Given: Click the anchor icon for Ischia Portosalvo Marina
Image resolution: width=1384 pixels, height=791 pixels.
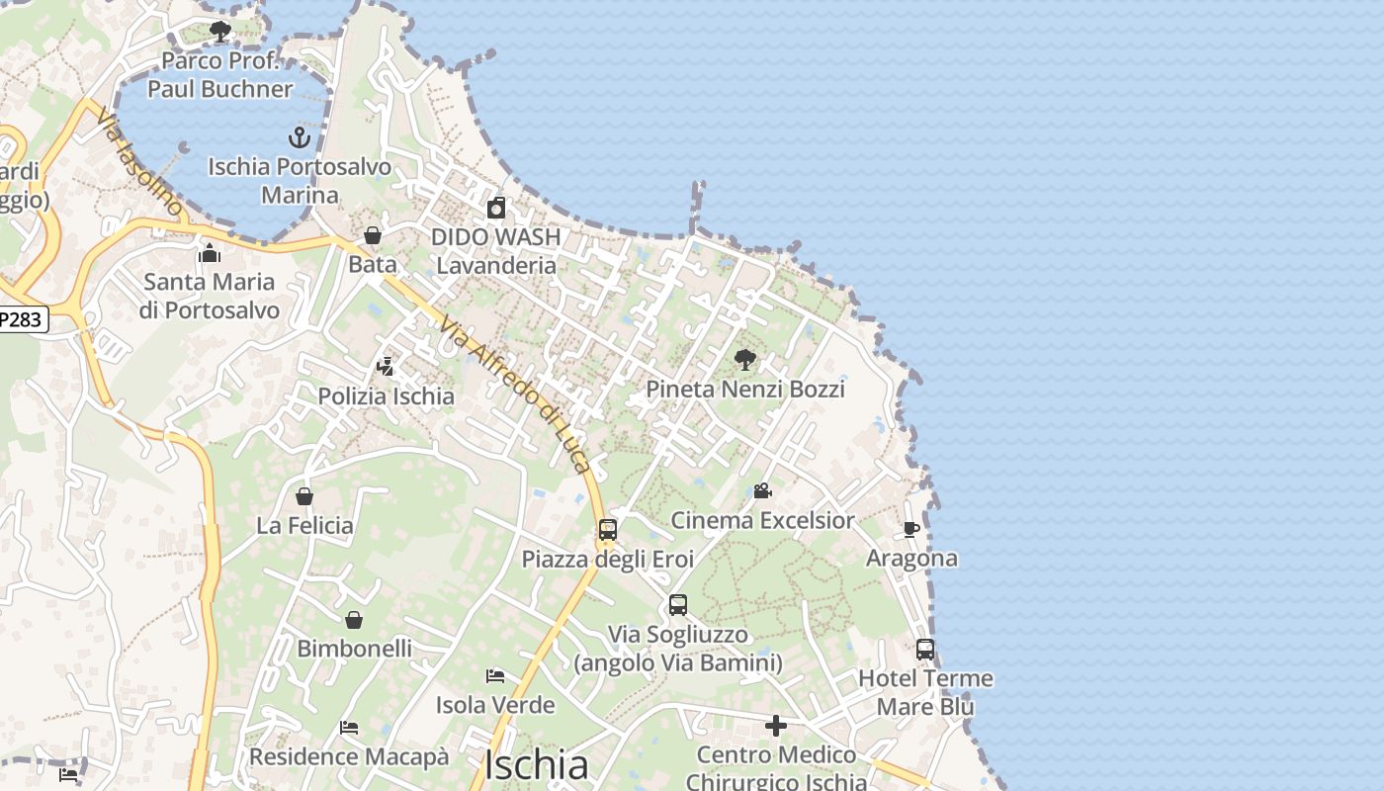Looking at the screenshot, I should pyautogui.click(x=300, y=137).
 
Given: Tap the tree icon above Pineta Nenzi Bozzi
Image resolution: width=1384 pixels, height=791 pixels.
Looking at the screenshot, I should pyautogui.click(x=745, y=360).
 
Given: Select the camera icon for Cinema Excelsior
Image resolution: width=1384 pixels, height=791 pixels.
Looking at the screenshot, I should pyautogui.click(x=762, y=490).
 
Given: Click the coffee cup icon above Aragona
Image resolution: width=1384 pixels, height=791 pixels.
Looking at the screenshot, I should pyautogui.click(x=911, y=530).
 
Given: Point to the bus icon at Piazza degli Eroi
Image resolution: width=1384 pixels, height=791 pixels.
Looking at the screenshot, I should pyautogui.click(x=608, y=530).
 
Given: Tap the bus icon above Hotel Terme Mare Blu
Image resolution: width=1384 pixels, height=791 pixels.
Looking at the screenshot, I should pyautogui.click(x=925, y=650).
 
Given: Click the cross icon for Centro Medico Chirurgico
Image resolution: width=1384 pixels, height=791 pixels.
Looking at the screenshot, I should pyautogui.click(x=776, y=727).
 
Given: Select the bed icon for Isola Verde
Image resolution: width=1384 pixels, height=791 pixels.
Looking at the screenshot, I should pyautogui.click(x=496, y=676).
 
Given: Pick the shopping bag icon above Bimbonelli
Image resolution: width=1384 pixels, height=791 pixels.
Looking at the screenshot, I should pyautogui.click(x=354, y=620).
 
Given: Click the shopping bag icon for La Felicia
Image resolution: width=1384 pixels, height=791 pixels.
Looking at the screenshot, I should pyautogui.click(x=304, y=495).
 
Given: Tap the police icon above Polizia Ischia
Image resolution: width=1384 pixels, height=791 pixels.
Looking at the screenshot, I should pyautogui.click(x=386, y=367).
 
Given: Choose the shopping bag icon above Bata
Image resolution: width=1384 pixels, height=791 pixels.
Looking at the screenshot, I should pyautogui.click(x=373, y=235).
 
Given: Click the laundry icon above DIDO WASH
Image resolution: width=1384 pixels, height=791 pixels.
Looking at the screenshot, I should pyautogui.click(x=496, y=208).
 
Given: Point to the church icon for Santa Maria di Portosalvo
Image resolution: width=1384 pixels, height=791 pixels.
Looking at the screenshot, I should pyautogui.click(x=209, y=253).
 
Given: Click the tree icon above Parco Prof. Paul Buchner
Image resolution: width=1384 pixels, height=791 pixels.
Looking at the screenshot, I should pyautogui.click(x=220, y=32).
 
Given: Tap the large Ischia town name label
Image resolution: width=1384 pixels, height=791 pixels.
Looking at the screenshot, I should pyautogui.click(x=537, y=764).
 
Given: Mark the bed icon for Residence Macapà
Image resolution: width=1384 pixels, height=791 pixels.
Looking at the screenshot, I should pyautogui.click(x=349, y=728).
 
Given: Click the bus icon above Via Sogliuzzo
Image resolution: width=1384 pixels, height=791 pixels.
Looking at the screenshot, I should pyautogui.click(x=678, y=605).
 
